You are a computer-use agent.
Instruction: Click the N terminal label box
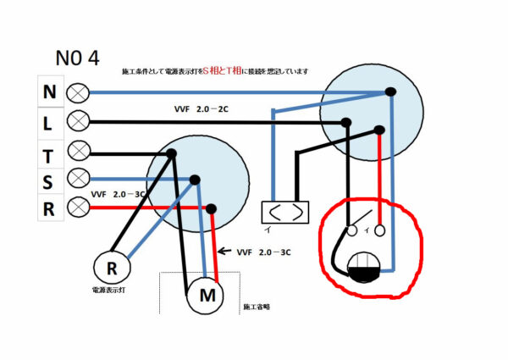(49, 91)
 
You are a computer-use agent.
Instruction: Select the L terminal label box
(49, 121)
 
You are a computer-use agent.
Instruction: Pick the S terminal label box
(49, 180)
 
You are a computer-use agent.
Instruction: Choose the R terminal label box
(49, 208)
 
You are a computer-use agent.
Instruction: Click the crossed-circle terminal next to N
(79, 91)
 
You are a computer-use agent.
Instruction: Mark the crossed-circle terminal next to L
(79, 120)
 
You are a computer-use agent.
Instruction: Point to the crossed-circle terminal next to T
(79, 151)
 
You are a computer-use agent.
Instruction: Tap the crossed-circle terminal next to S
(79, 179)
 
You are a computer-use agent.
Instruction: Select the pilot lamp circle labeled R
(111, 269)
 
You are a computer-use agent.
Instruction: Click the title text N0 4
(77, 58)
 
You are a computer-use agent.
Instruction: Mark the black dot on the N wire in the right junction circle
(390, 92)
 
